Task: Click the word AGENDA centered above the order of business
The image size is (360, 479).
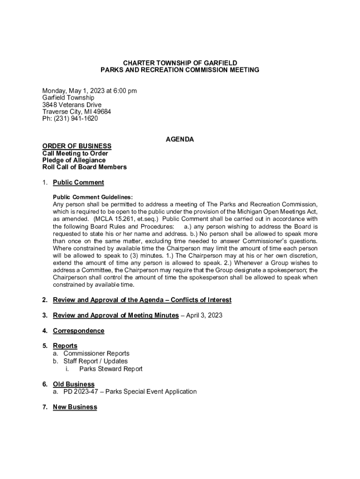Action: coord(180,139)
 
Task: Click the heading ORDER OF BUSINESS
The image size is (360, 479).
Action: coord(77,146)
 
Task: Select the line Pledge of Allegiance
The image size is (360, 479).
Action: coord(74,160)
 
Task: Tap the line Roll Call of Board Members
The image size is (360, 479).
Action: coord(84,167)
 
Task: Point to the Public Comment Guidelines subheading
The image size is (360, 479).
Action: coord(93,197)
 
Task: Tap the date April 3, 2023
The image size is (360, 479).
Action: coord(204,315)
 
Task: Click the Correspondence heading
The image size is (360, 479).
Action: coord(78,331)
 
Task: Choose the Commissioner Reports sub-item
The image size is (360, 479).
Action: coord(96,354)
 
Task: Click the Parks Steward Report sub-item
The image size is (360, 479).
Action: coord(111,369)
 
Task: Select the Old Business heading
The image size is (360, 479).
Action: coord(73,385)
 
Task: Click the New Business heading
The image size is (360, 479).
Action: coord(75,407)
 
